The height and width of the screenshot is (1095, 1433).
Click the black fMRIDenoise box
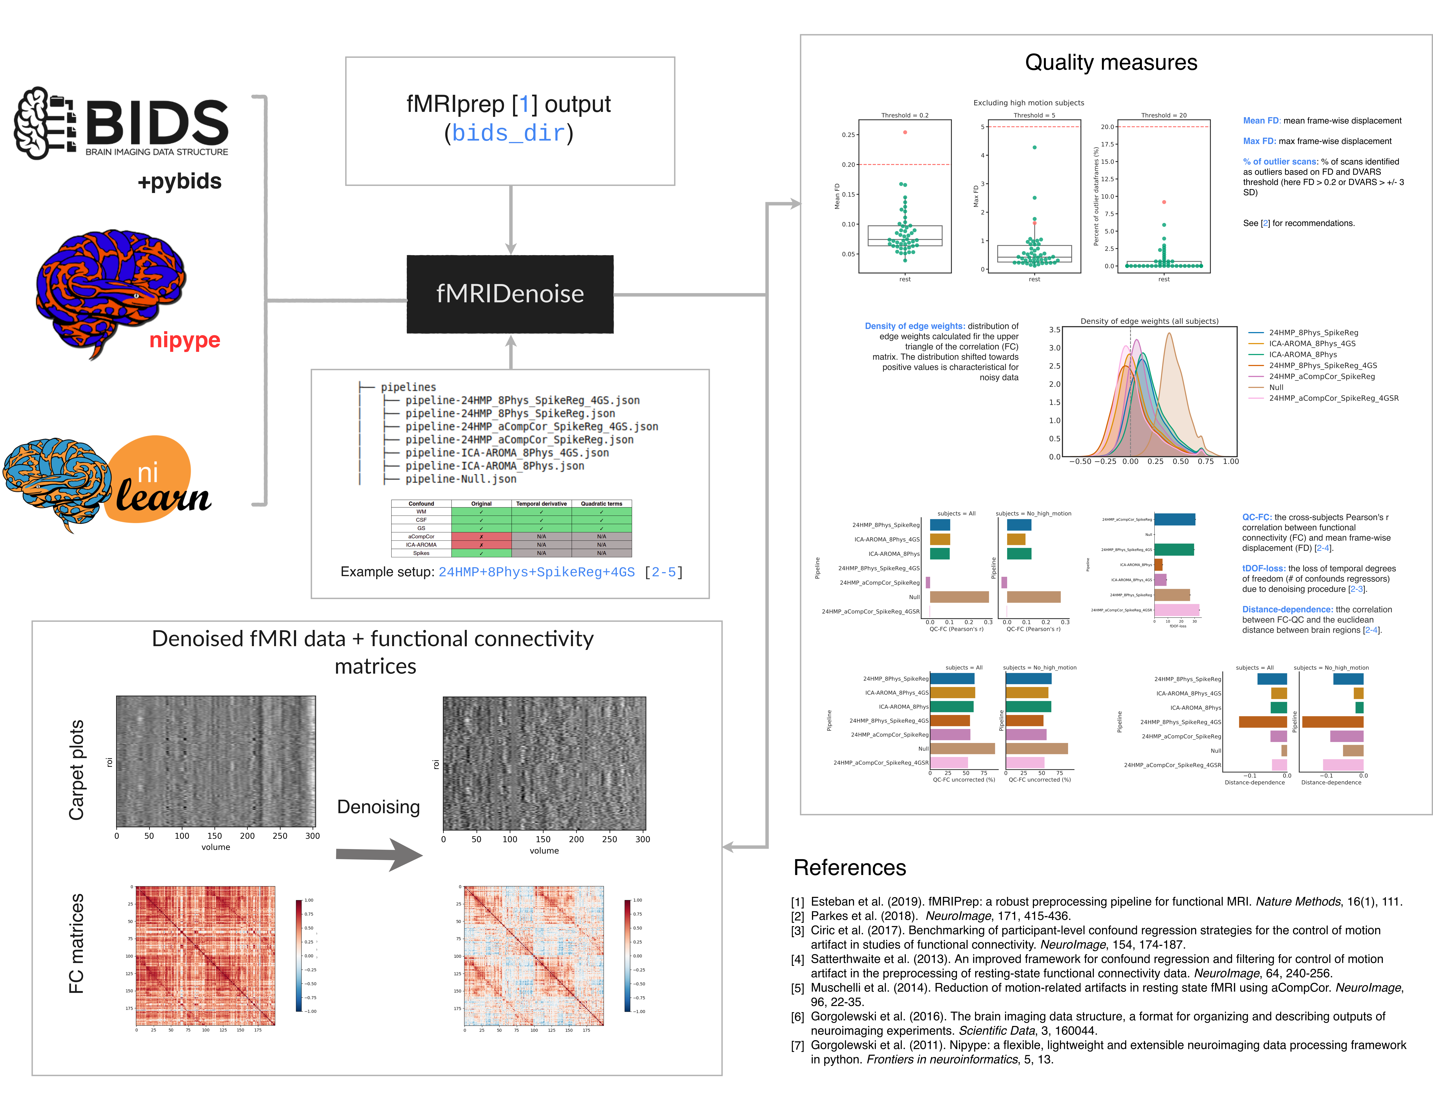510,294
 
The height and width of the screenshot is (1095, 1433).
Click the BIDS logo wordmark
156,124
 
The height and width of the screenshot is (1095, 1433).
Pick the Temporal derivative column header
541,504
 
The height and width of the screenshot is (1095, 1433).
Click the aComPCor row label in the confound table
421,536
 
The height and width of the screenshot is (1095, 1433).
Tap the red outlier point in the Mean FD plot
905,132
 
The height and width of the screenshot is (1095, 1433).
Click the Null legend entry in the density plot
1276,387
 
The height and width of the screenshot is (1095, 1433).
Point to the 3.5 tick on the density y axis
1054,330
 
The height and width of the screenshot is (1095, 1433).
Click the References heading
849,867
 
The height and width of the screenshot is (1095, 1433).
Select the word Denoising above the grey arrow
378,807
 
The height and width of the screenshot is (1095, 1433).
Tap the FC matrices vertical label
76,943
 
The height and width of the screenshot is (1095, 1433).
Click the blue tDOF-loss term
1263,568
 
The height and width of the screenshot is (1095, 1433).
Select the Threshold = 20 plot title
1163,115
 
